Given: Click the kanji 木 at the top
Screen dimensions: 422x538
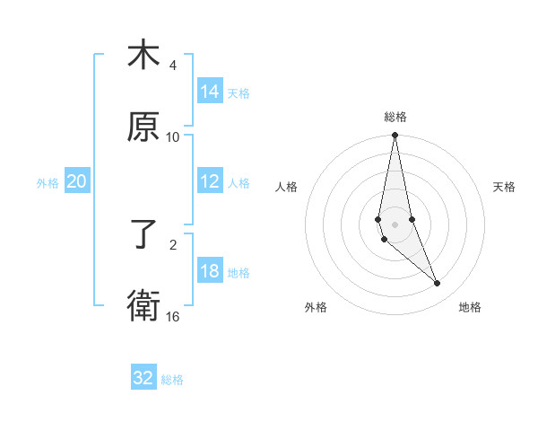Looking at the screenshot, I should pyautogui.click(x=143, y=55).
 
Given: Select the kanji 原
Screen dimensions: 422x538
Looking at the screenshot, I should pyautogui.click(x=143, y=127).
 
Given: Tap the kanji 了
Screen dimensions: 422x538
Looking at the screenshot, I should pyautogui.click(x=143, y=235).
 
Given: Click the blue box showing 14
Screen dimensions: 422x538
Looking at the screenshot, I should pyautogui.click(x=210, y=92).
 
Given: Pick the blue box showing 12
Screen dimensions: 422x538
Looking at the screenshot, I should pyautogui.click(x=210, y=181).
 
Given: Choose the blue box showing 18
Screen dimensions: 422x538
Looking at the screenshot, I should pyautogui.click(x=210, y=271).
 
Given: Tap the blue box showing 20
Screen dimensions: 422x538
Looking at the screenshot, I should pyautogui.click(x=77, y=181).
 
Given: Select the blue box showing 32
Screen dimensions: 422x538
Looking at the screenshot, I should pyautogui.click(x=143, y=378).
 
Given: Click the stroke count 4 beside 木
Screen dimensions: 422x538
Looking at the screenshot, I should pyautogui.click(x=173, y=66).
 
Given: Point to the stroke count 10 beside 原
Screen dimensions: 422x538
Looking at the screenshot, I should pyautogui.click(x=173, y=137).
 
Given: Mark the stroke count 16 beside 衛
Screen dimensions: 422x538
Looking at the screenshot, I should pyautogui.click(x=173, y=317).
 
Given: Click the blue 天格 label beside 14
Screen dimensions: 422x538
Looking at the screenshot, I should pyautogui.click(x=239, y=92).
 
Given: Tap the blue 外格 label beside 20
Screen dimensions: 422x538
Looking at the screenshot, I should pyautogui.click(x=48, y=182).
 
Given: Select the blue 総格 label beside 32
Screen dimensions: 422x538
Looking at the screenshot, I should pyautogui.click(x=172, y=379).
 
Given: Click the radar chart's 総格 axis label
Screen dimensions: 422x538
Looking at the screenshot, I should pyautogui.click(x=395, y=117).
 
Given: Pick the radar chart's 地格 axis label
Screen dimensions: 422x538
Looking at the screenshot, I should pyautogui.click(x=470, y=307).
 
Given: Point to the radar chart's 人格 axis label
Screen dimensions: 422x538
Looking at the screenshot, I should pyautogui.click(x=287, y=187).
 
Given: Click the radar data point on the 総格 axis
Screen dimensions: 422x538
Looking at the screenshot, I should pyautogui.click(x=395, y=136).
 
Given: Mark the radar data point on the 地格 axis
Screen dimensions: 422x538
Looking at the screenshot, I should pyautogui.click(x=438, y=284).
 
